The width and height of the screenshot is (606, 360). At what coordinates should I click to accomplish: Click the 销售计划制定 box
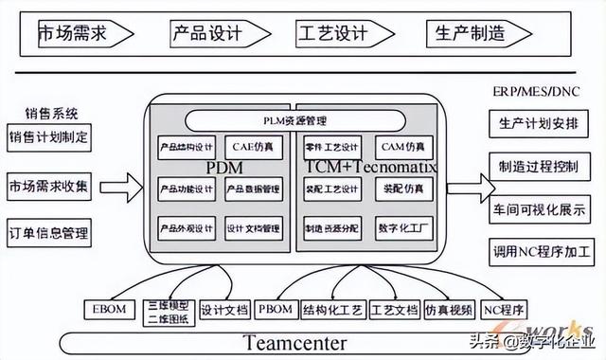tap(49, 136)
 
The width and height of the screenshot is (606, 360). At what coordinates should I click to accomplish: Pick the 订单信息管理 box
tap(49, 231)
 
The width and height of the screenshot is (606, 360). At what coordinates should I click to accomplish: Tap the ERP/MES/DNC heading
tap(536, 93)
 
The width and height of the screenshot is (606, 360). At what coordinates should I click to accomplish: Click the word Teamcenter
tap(294, 343)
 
